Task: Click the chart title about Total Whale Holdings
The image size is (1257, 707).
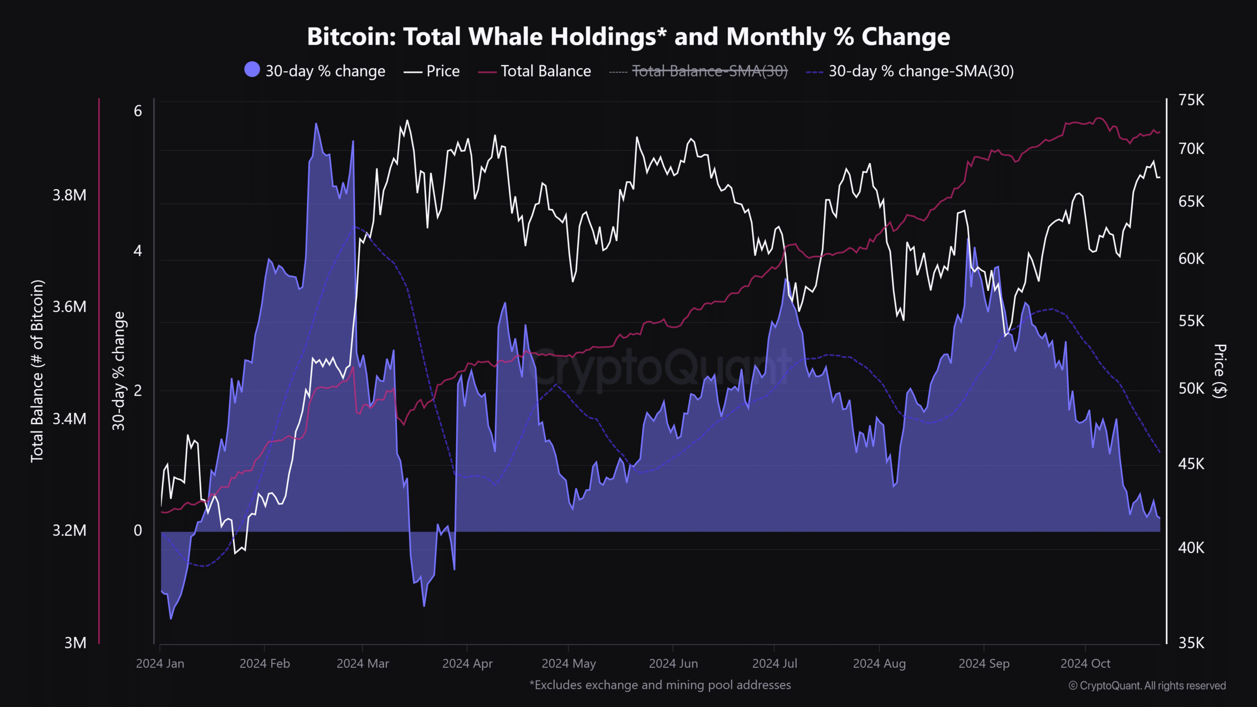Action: click(x=628, y=37)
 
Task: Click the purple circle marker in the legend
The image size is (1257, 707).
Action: click(x=252, y=70)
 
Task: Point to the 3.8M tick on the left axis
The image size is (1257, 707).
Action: click(x=69, y=195)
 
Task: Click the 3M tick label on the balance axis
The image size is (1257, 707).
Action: click(x=75, y=643)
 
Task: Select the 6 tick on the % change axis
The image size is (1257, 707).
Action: click(x=138, y=111)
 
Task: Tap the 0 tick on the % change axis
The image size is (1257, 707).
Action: click(x=138, y=530)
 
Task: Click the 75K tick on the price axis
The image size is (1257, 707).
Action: click(x=1191, y=100)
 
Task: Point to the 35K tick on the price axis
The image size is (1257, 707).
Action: click(x=1191, y=643)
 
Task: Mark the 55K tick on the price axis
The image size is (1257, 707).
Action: click(x=1191, y=321)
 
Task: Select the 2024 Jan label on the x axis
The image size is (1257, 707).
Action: click(x=160, y=664)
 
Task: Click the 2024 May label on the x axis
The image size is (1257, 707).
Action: click(x=569, y=664)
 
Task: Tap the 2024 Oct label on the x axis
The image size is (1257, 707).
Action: click(x=1085, y=664)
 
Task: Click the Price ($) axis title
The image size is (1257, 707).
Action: click(x=1220, y=371)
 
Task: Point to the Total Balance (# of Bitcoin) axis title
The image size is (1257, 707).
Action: click(x=37, y=371)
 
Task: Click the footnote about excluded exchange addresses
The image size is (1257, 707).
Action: click(x=660, y=685)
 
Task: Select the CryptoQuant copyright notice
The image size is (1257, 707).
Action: click(x=1147, y=686)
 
